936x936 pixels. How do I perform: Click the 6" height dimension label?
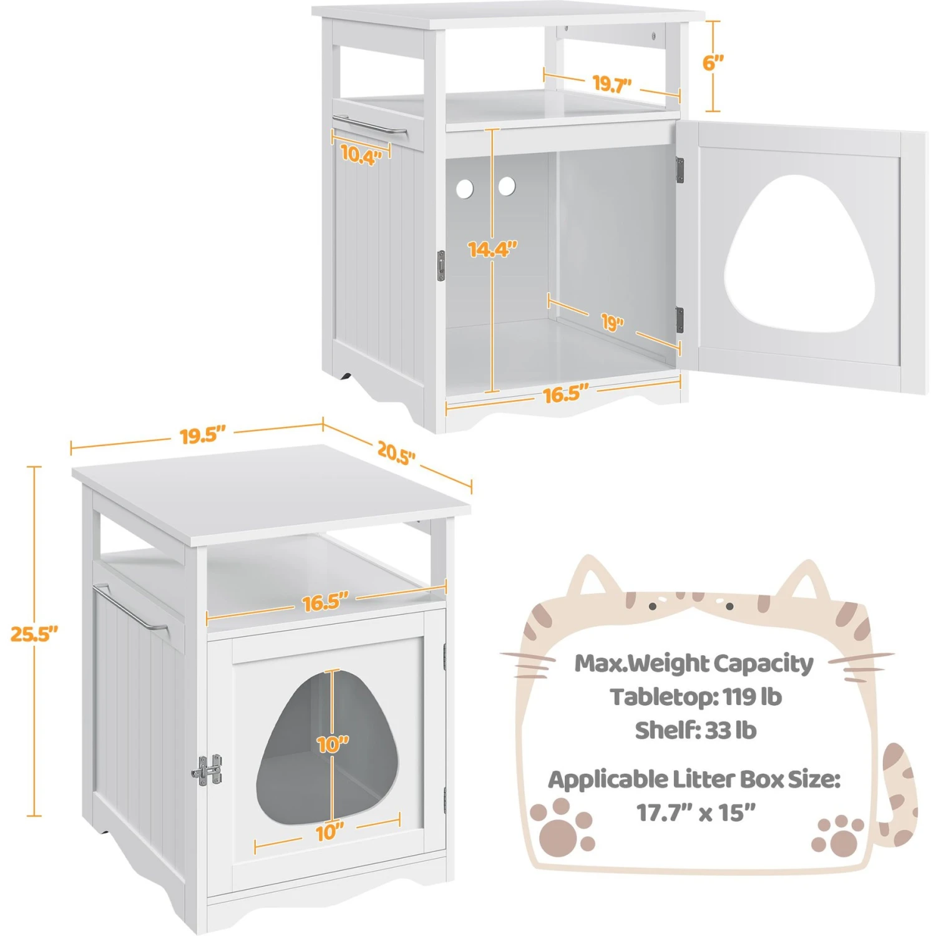pos(713,62)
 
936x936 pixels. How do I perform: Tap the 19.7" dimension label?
pos(612,84)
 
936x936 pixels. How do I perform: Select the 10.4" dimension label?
pos(361,154)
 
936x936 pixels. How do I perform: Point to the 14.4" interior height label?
pos(492,249)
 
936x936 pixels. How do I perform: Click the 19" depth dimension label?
pos(612,322)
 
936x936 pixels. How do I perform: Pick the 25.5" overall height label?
pos(34,634)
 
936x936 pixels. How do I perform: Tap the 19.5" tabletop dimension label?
pos(202,436)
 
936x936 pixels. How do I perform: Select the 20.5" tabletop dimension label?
pos(396,452)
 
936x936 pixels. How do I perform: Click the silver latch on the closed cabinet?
pos(207,770)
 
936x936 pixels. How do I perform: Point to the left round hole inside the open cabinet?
pos(465,188)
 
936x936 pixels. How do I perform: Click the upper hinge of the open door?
pos(680,170)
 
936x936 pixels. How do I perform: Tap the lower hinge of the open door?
pos(680,320)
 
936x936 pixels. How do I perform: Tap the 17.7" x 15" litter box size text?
pos(696,812)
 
